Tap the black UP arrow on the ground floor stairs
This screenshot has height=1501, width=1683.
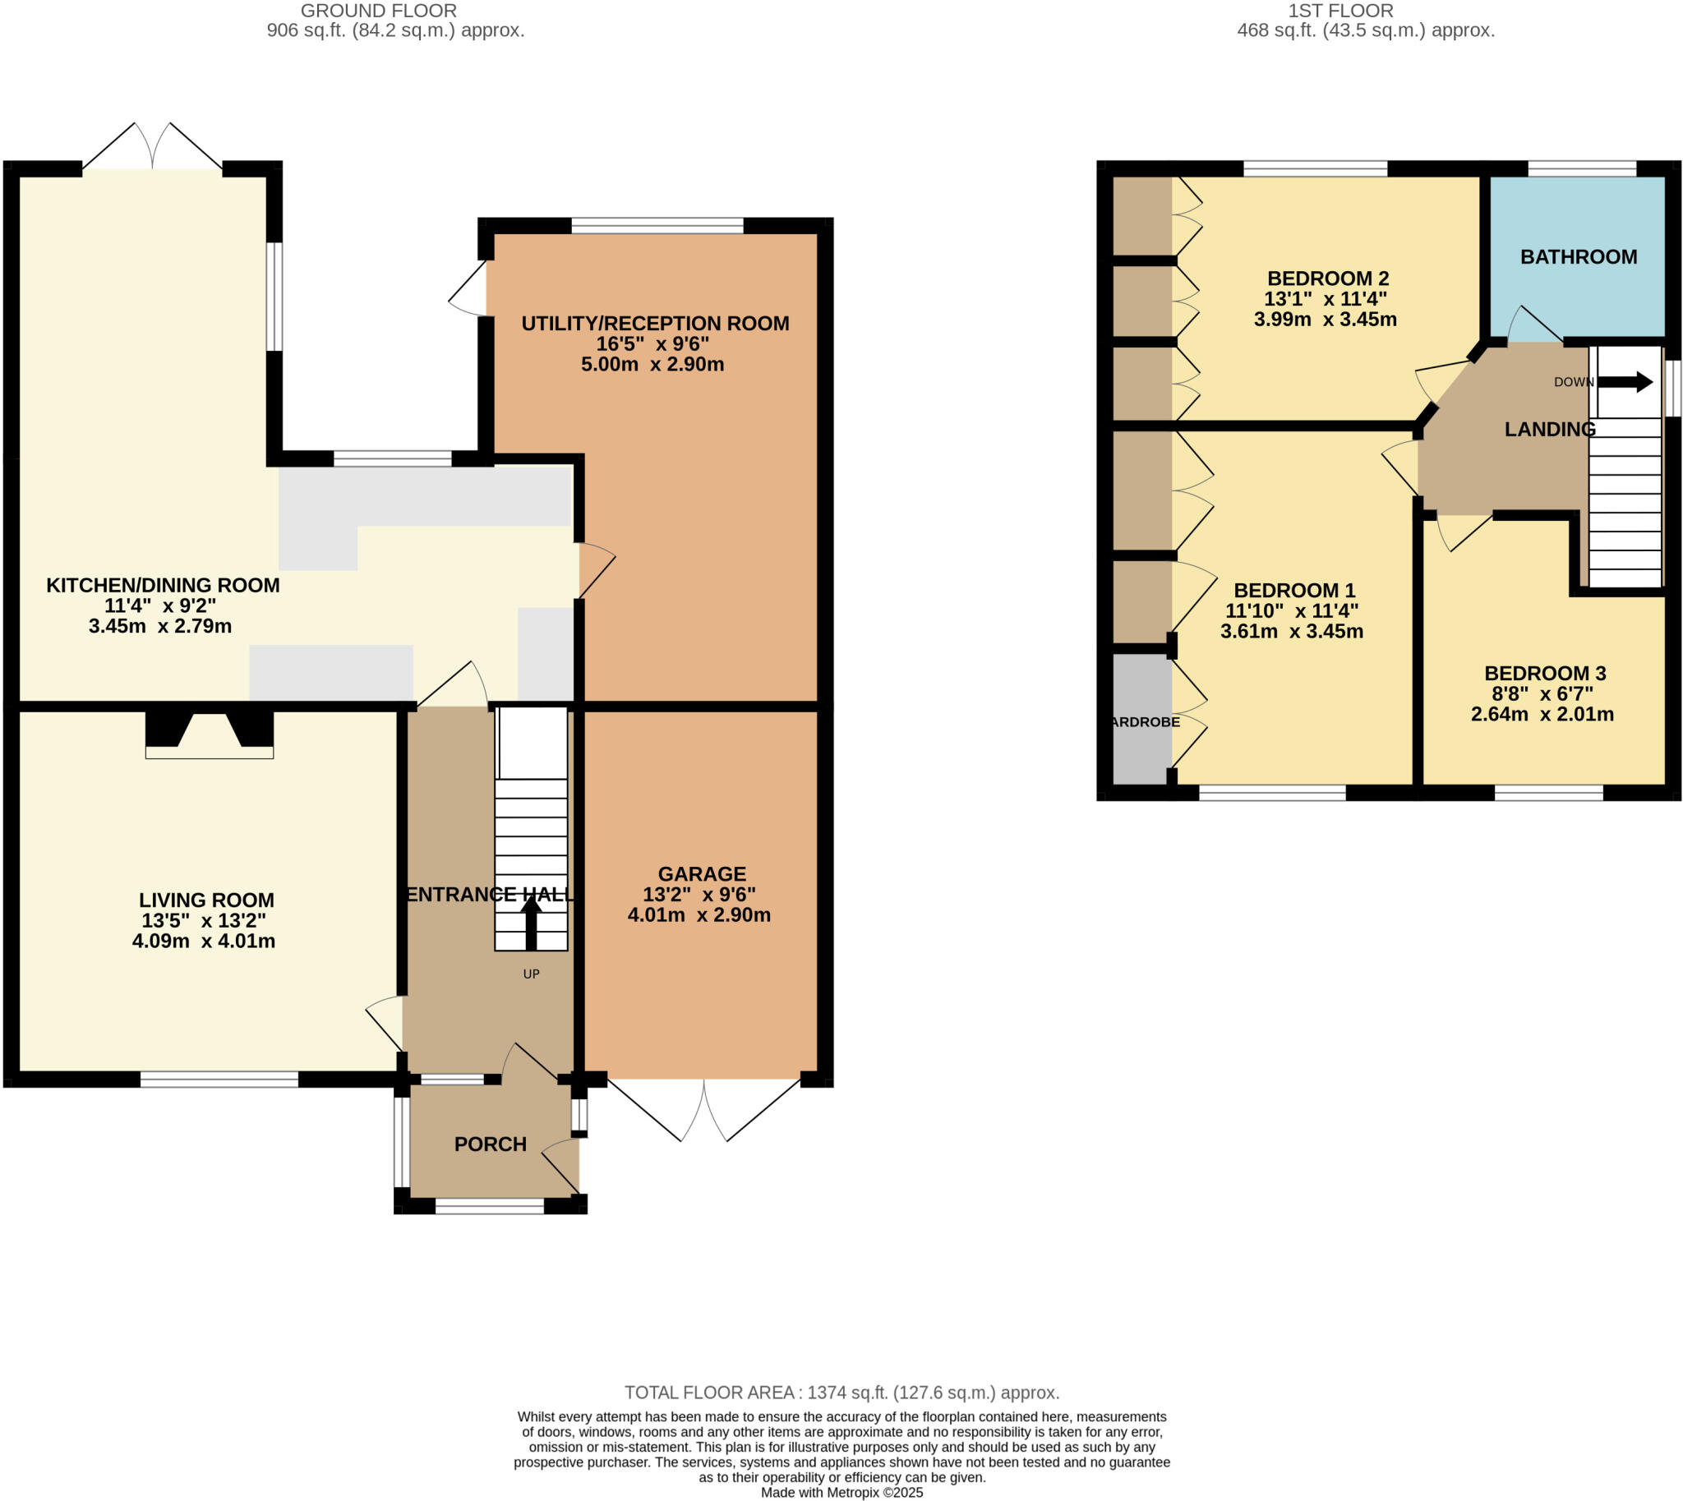(531, 923)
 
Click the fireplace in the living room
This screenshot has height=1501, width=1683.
(210, 734)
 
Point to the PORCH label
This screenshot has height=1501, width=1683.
(490, 1144)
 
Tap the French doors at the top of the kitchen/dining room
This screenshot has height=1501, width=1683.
(153, 149)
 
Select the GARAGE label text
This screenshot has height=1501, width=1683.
(701, 873)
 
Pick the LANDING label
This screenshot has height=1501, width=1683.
(1549, 429)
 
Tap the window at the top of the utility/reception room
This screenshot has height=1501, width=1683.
(657, 225)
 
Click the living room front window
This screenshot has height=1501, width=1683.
(219, 1079)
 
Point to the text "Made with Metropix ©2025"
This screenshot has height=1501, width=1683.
(841, 1492)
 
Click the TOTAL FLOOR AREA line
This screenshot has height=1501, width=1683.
(841, 1392)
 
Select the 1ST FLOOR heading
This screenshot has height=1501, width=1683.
(1339, 11)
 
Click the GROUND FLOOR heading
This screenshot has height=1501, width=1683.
(378, 11)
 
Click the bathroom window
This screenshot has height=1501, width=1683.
(1582, 169)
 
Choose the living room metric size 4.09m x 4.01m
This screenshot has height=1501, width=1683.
(204, 941)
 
